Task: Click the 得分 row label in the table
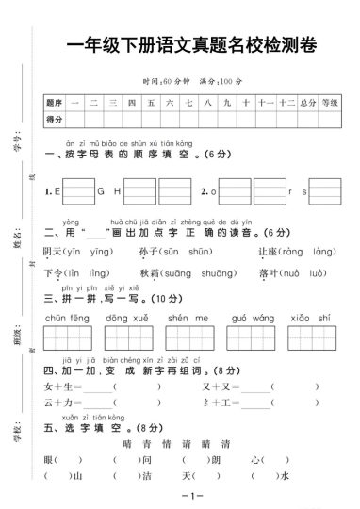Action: (54, 118)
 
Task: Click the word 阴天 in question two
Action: (55, 252)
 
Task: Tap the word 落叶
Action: (268, 272)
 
